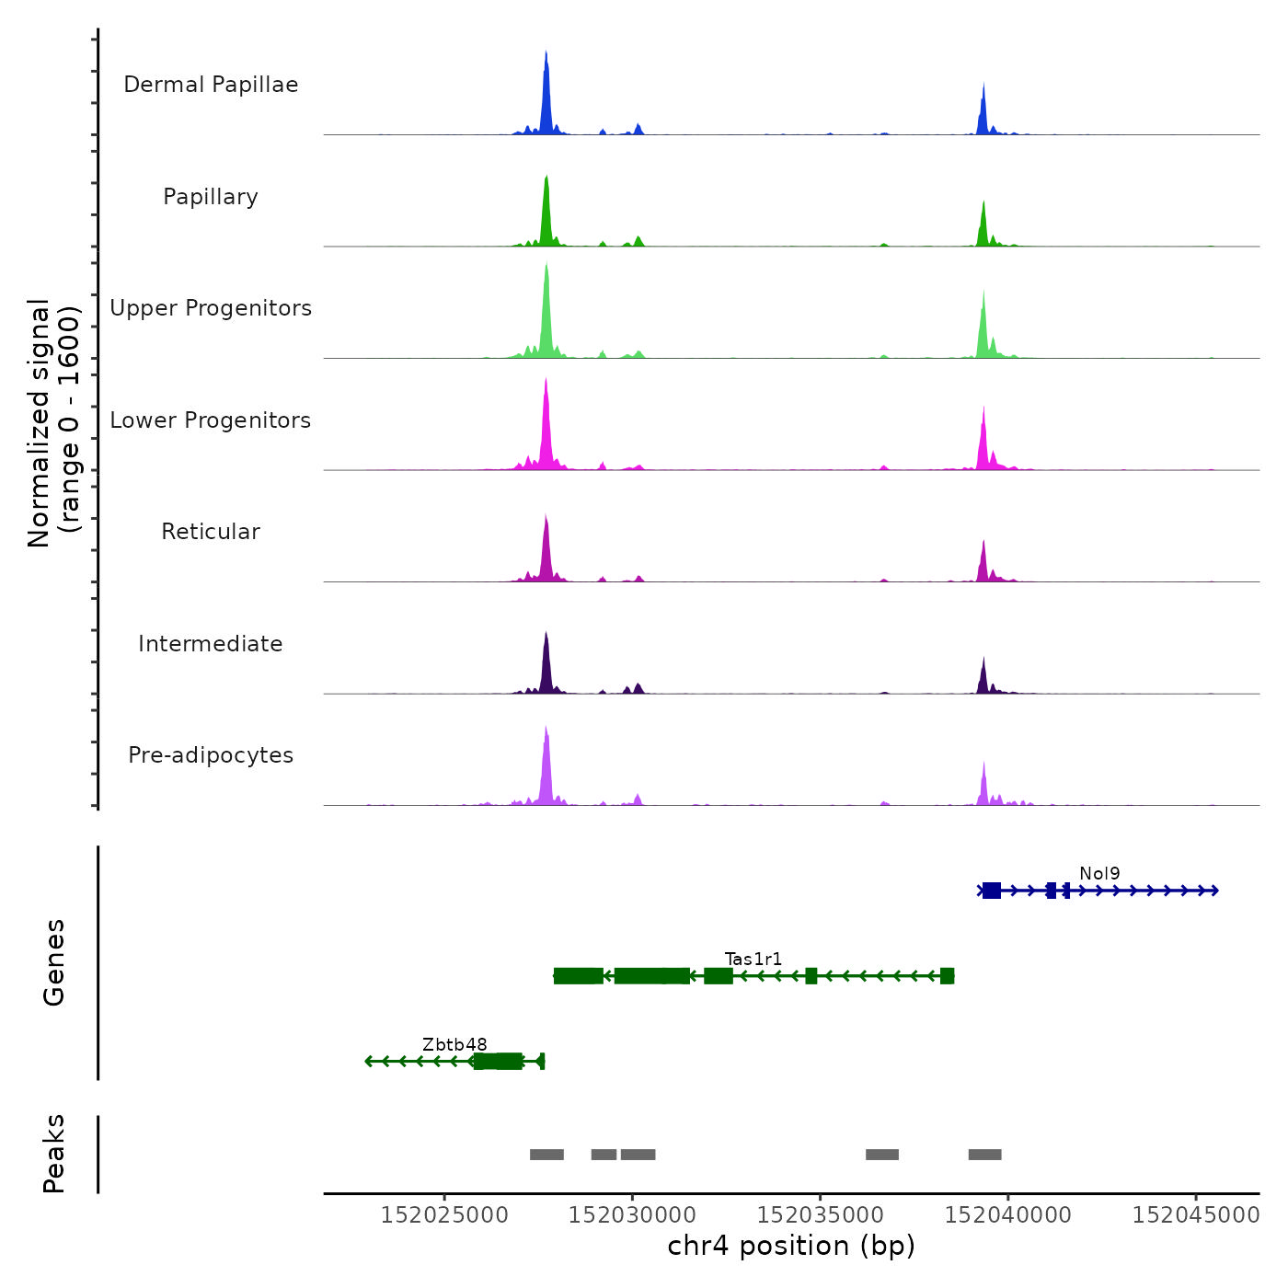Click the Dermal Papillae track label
[x=211, y=85]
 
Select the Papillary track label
[x=211, y=197]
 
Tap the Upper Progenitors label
[x=211, y=308]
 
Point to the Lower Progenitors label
[x=211, y=420]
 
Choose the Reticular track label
[x=211, y=532]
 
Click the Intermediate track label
[x=211, y=644]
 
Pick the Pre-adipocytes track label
[x=211, y=755]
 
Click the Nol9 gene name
[x=1099, y=874]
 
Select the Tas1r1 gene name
[x=753, y=960]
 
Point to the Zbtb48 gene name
[x=454, y=1045]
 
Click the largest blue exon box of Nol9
[x=992, y=891]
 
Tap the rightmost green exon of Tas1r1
[x=948, y=976]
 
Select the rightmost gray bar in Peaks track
[x=984, y=1155]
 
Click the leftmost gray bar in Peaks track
[x=546, y=1155]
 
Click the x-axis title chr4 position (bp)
[x=791, y=1246]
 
